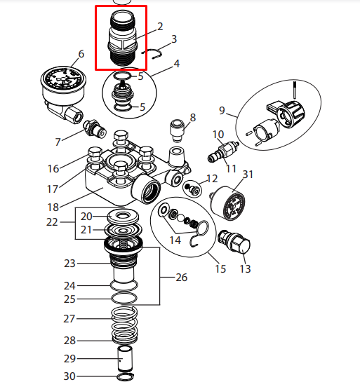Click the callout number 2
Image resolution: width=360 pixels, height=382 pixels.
coord(160,27)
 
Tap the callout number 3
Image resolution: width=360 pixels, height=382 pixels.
coord(174,39)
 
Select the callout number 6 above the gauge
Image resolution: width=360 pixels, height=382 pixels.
coord(81,54)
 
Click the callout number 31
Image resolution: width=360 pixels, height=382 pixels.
coord(248,175)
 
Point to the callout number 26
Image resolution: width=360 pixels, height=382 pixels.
coord(182,278)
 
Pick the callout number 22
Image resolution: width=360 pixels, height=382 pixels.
coord(52,222)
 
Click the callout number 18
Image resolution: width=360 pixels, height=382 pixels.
coord(53,207)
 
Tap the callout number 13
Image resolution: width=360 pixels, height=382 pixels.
coord(245,269)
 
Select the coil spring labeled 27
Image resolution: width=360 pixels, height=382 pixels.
coord(124,325)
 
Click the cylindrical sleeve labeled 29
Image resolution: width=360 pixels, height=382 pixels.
coord(125,357)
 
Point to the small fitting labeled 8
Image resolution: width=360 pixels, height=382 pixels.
coord(178,130)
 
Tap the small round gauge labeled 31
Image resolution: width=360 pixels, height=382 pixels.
coord(228,203)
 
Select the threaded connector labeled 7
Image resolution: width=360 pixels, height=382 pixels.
coord(95,128)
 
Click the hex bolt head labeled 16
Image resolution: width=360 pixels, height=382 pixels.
coord(95,153)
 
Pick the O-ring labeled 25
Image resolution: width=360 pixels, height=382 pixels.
coord(124,298)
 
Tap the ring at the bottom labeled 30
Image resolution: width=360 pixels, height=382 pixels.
coord(125,376)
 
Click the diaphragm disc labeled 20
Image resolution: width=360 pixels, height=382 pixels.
coord(124,216)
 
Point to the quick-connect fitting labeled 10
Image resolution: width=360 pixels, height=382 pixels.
coord(223,151)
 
